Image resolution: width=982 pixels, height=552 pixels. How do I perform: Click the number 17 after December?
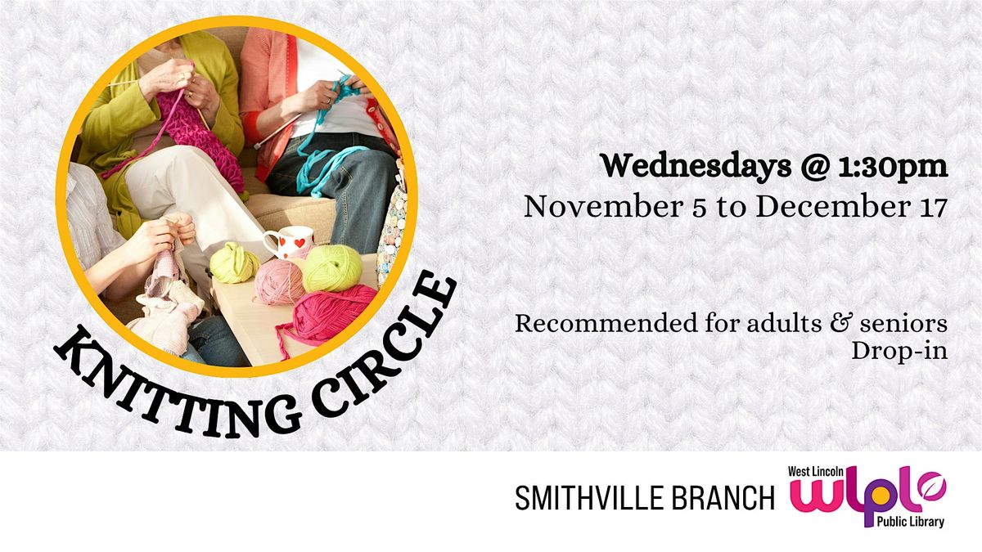point(930,206)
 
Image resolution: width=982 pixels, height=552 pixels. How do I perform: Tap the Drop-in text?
point(899,352)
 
